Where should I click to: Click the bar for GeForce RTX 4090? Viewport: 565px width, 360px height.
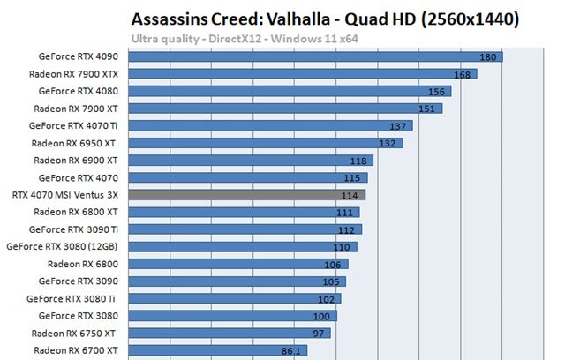click(309, 57)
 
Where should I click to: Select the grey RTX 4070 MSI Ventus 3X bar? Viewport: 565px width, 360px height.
click(247, 195)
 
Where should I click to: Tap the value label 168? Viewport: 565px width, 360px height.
click(462, 74)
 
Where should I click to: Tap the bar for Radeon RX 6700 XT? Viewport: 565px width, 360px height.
click(212, 350)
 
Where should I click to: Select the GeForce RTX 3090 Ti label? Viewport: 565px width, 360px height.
click(79, 229)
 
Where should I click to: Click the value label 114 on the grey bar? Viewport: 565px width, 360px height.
click(350, 195)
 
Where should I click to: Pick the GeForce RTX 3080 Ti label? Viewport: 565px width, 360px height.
click(79, 299)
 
